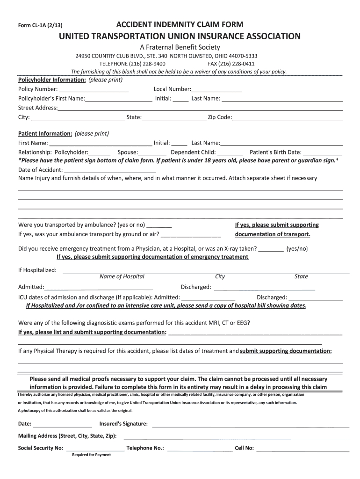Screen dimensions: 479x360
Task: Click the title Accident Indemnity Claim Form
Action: [180, 24]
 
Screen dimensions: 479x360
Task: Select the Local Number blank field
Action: [216, 89]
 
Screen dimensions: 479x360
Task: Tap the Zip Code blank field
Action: [287, 117]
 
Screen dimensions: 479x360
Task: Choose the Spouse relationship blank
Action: [152, 152]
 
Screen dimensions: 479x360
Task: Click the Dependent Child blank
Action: [230, 152]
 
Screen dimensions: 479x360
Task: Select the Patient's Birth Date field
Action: [322, 152]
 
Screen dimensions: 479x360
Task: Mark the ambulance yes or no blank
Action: [159, 225]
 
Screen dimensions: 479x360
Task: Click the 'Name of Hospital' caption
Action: [122, 276]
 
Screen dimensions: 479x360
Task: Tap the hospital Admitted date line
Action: [99, 287]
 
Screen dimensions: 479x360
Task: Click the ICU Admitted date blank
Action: [208, 298]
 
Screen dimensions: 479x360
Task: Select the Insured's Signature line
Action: [250, 424]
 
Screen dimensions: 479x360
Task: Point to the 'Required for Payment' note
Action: [91, 455]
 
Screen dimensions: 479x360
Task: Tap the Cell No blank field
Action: [302, 448]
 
